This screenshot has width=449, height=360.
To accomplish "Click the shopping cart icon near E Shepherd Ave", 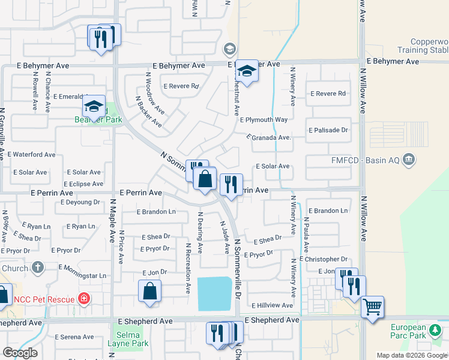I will pos(372,307).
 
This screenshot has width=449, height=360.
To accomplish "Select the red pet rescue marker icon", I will pos(85,298).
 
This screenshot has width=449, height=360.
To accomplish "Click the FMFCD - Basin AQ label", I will pos(368,160).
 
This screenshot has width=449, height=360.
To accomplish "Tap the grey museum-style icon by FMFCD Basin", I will pos(409,160).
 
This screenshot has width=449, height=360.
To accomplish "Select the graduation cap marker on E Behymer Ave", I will pos(246,71).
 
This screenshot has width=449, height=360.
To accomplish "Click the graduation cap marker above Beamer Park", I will pos(94,106).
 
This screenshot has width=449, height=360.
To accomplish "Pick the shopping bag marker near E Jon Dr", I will pos(149,292).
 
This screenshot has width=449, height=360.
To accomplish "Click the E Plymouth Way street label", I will pos(264,119).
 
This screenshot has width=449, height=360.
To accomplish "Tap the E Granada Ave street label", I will pos(269,137).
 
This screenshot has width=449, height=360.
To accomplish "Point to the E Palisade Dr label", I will pos(328,130).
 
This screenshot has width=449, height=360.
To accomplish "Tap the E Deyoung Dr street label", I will pos(80,202).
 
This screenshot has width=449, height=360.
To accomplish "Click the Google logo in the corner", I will pos(20,353).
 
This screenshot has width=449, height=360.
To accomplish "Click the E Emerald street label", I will pos(70,96).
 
